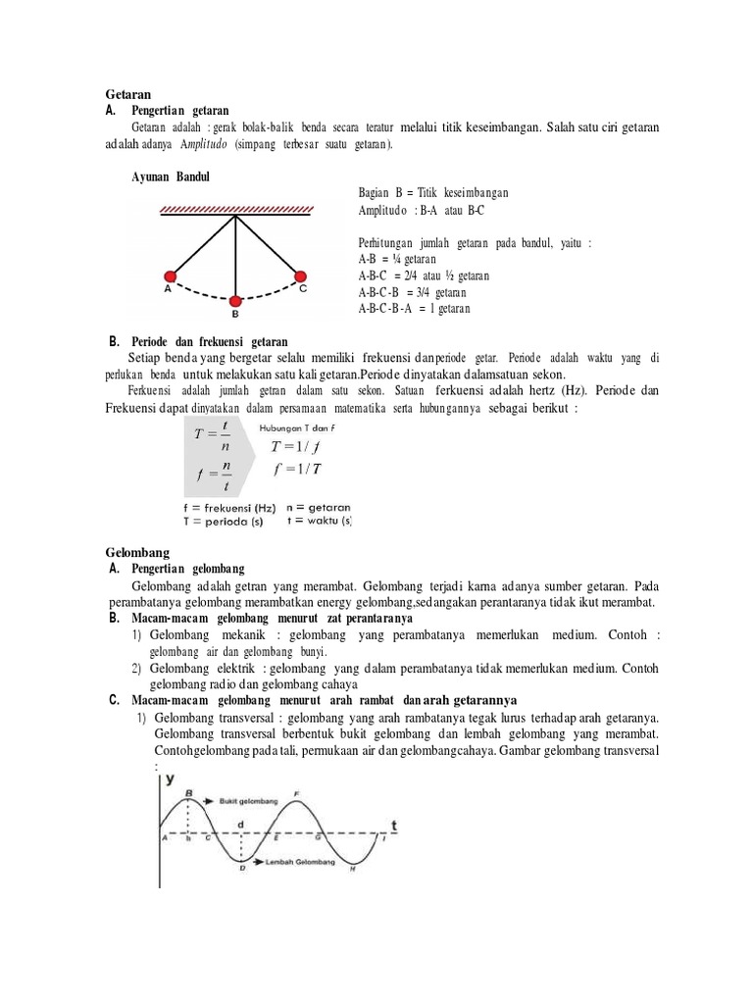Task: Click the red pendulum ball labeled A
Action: pos(170,276)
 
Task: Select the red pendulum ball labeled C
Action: pos(300,276)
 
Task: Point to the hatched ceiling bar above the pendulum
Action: pos(235,209)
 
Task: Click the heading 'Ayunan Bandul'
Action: pos(172,177)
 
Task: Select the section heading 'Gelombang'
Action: pos(134,551)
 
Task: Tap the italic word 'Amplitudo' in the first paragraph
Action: pos(203,143)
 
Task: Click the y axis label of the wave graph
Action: pos(171,778)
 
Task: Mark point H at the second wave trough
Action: pos(353,868)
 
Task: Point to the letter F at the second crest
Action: pos(297,791)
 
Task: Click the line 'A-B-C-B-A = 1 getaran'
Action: pos(415,309)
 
